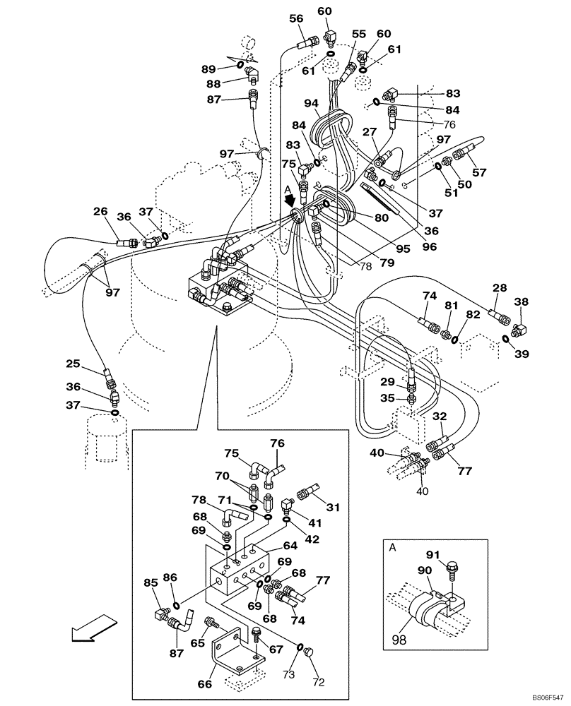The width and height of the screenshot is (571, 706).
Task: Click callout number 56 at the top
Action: [x=296, y=19]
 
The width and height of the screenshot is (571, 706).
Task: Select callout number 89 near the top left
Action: [x=208, y=68]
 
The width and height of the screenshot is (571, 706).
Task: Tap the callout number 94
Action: [x=312, y=102]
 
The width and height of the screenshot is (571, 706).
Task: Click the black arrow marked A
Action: [x=290, y=200]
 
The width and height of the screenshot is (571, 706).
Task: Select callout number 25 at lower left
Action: [x=73, y=364]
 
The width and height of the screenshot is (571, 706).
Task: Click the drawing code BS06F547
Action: [x=547, y=695]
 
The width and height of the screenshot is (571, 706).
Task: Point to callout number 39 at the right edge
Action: [x=522, y=354]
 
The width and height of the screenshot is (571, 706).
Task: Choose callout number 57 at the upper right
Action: [x=480, y=172]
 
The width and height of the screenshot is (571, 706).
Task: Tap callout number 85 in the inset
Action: [x=151, y=583]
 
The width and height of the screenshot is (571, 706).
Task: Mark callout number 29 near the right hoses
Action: [x=387, y=382]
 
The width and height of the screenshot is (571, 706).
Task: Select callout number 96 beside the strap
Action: [x=430, y=248]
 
